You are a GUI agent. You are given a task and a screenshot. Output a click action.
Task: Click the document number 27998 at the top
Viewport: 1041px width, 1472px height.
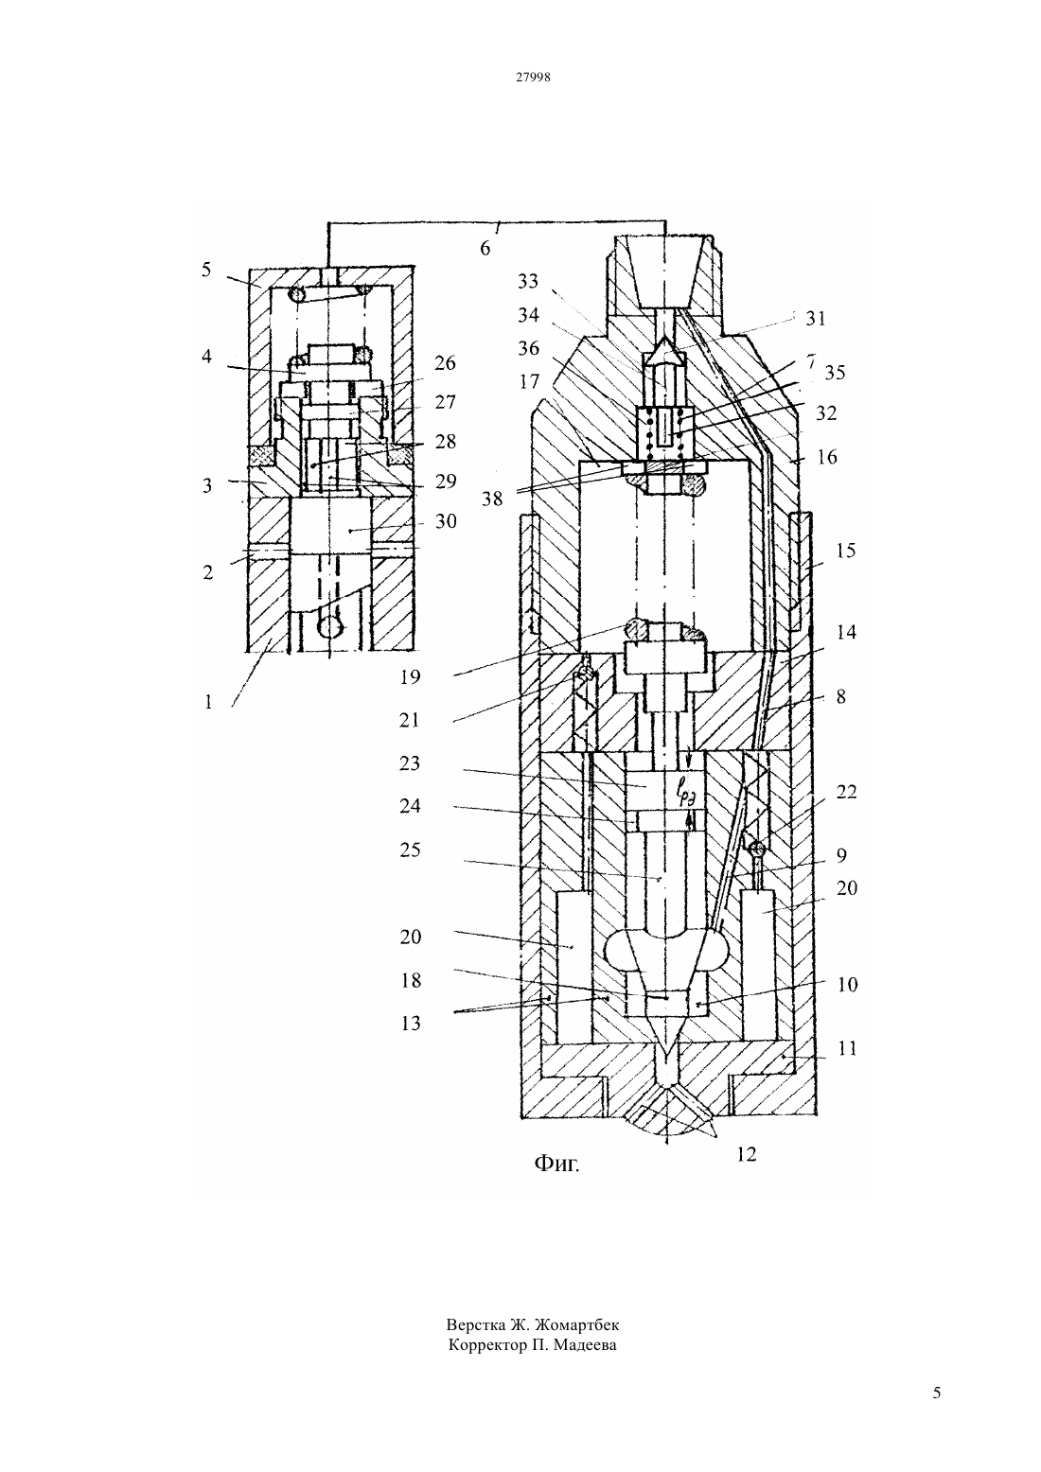[x=532, y=77]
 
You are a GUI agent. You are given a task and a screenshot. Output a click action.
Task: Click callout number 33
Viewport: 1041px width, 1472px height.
[x=528, y=281]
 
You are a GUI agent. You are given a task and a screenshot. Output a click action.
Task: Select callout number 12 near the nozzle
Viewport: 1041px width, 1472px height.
[x=747, y=1154]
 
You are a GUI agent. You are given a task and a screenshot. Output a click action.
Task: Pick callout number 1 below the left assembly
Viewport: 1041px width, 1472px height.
[x=208, y=702]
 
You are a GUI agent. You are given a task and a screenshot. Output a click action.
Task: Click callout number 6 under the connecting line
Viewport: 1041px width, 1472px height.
[x=485, y=249]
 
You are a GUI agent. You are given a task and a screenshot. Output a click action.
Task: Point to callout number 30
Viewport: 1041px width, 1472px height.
[x=446, y=521]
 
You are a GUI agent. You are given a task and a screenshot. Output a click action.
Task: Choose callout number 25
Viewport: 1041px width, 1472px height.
[x=410, y=850]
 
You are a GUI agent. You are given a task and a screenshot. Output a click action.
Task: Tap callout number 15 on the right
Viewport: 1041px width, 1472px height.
[x=846, y=550]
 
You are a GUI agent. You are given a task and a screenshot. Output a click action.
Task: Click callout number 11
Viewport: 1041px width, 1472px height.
[x=848, y=1048]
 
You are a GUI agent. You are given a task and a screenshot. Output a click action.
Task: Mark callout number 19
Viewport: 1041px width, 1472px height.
[x=410, y=676]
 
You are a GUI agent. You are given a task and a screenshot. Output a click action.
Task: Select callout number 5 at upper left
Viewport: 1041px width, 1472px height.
[x=206, y=270]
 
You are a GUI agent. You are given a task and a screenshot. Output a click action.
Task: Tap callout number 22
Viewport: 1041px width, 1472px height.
[x=846, y=792]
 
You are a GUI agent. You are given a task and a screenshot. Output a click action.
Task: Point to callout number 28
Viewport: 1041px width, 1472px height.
[x=446, y=441]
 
